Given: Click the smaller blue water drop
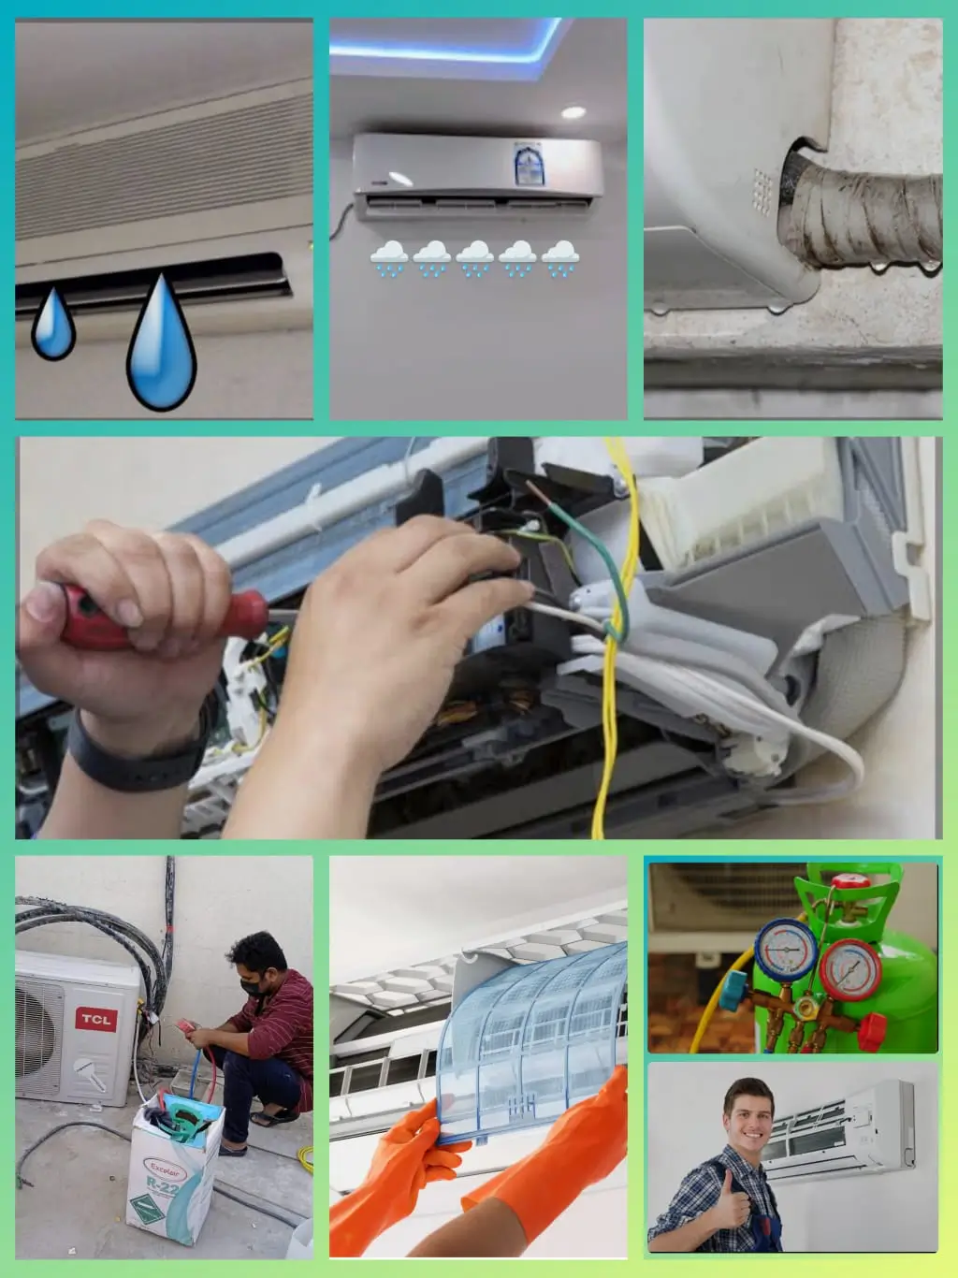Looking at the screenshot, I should click(x=53, y=325).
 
